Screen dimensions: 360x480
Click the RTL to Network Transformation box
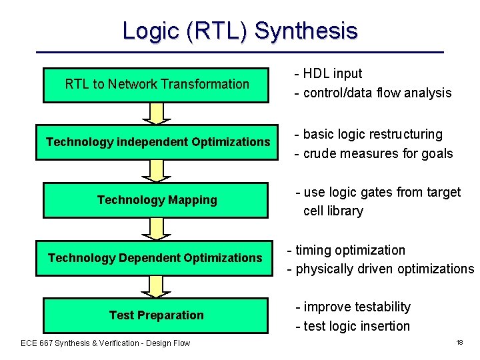click(157, 85)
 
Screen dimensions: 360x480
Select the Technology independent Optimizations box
click(157, 142)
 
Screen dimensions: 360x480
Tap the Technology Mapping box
click(157, 200)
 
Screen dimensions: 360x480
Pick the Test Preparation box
click(157, 315)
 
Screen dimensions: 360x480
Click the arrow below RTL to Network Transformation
click(157, 113)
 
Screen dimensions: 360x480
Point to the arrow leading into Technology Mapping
click(157, 171)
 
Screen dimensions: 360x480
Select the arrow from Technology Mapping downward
click(157, 229)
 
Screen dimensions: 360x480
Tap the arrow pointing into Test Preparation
click(157, 287)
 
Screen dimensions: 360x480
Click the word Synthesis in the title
click(306, 31)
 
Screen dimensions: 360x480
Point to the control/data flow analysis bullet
click(373, 93)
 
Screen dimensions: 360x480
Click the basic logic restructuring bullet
click(369, 134)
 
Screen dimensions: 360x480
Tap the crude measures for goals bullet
click(373, 153)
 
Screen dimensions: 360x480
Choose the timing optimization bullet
click(346, 250)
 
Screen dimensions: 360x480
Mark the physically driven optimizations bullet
click(380, 269)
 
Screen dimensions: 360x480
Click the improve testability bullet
click(353, 307)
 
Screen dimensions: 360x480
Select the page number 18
click(459, 342)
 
